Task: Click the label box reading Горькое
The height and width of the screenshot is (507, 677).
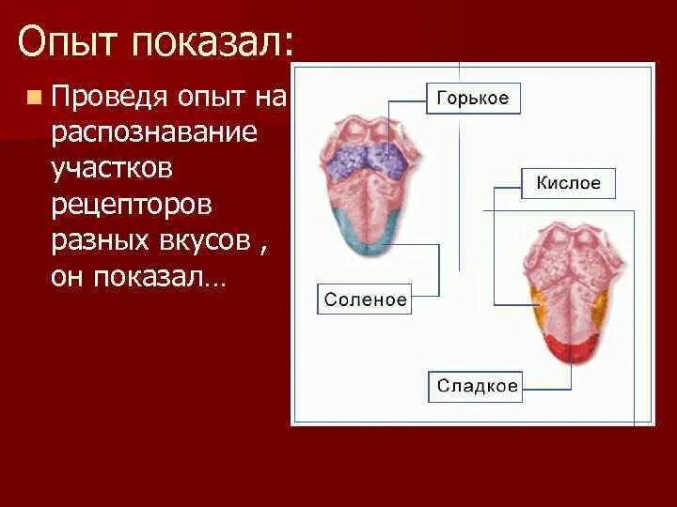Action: (473, 99)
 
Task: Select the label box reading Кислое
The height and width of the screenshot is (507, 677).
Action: (568, 183)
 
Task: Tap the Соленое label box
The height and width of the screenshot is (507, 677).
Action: (365, 300)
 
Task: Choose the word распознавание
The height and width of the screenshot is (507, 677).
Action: (154, 132)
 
